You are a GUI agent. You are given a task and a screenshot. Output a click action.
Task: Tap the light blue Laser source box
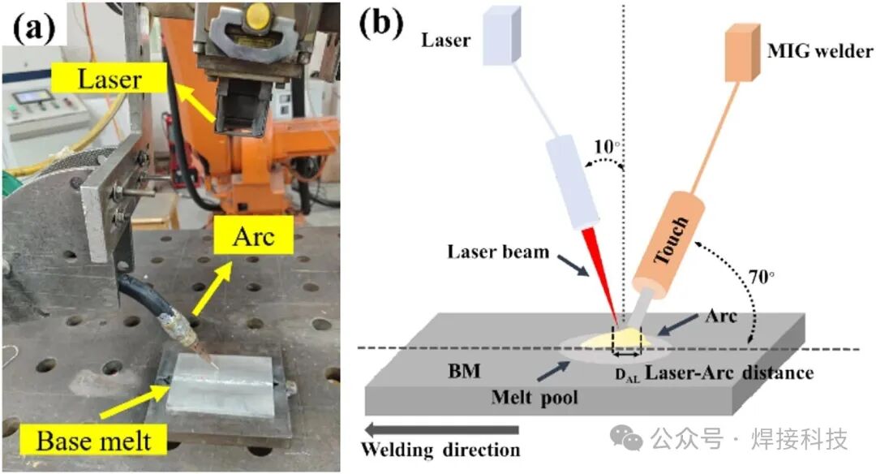(496, 37)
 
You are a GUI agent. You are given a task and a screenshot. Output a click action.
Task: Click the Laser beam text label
(498, 252)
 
